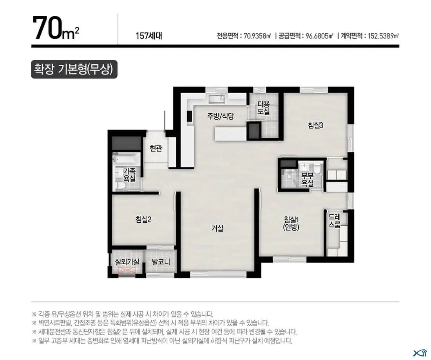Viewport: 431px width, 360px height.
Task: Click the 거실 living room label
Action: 217,228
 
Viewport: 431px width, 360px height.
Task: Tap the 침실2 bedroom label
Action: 143,219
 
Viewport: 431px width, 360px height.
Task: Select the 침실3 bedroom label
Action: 315,125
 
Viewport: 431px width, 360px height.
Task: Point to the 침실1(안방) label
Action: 291,223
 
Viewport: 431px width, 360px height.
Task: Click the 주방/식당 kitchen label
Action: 220,116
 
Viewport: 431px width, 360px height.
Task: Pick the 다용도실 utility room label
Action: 264,107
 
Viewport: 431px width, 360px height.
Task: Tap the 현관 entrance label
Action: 156,149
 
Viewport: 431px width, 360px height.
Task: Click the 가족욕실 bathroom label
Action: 129,175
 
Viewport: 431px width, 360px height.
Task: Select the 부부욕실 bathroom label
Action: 307,179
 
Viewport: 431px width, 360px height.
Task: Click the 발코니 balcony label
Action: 161,262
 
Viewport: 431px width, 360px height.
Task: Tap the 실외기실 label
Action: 127,262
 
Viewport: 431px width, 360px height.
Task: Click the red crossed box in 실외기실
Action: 127,270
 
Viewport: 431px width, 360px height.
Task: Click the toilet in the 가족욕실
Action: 121,185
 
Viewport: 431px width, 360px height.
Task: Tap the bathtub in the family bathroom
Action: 127,159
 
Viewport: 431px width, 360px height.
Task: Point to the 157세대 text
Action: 149,36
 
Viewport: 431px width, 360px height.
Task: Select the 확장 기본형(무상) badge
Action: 74,69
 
